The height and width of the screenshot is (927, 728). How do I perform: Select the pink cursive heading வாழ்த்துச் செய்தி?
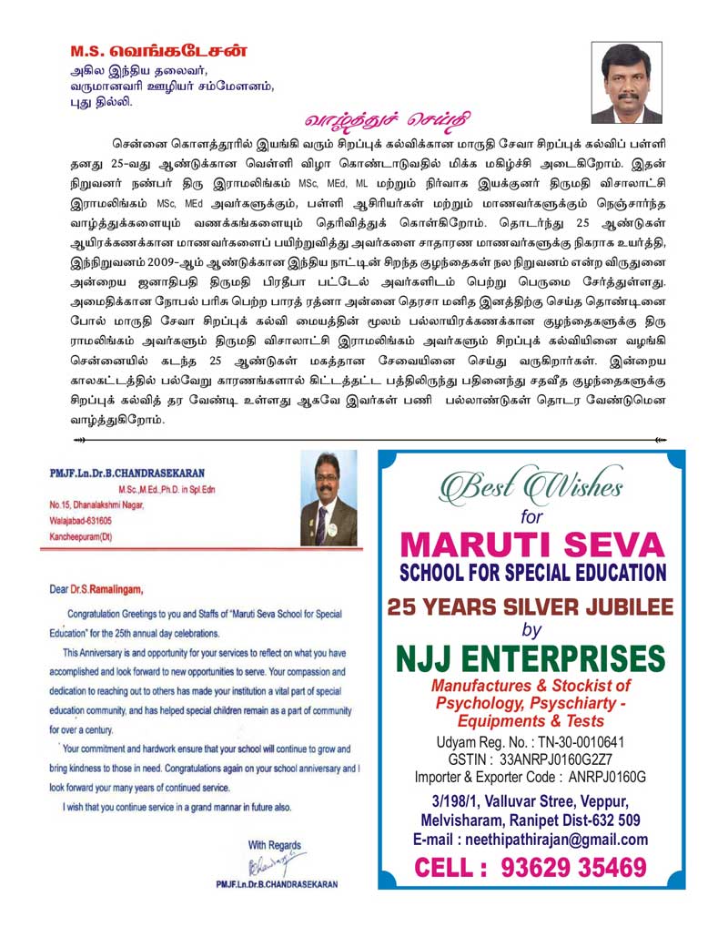pos(387,120)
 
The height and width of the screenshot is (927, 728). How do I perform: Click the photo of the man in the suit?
pos(329,498)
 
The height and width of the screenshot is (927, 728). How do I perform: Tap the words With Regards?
pos(274,845)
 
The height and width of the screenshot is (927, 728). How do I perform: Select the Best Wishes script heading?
pos(531,485)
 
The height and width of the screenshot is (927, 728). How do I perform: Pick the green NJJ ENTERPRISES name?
pos(532,658)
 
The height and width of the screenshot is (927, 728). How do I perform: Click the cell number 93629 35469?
pos(531,866)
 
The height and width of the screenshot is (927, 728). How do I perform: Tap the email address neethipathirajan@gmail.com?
pos(531,840)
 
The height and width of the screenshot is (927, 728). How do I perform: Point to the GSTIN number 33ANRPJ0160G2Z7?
pos(531,759)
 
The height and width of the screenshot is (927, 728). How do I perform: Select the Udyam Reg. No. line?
pos(531,742)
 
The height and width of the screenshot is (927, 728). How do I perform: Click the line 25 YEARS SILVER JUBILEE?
pos(532,607)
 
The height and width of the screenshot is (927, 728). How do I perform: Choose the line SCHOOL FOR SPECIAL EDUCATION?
pos(532,573)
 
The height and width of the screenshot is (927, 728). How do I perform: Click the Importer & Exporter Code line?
pos(531,777)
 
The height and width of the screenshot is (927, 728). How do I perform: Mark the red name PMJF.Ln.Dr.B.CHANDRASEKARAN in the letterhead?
pos(127,473)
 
